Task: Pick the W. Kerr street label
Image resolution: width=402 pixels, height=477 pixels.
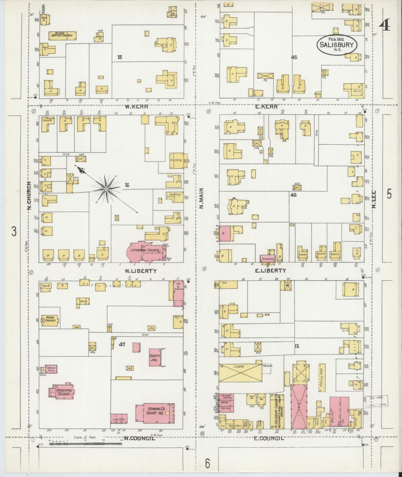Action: (137, 107)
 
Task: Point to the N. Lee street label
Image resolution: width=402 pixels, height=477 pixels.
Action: (374, 199)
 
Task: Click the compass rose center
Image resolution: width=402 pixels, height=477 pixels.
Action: (106, 189)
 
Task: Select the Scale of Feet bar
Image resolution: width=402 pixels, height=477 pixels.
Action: (85, 444)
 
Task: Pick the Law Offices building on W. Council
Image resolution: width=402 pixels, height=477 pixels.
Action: (119, 418)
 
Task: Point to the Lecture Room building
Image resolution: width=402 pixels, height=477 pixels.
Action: (51, 368)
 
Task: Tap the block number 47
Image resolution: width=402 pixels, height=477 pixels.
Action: (122, 345)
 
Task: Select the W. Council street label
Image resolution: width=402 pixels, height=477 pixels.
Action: (139, 439)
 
